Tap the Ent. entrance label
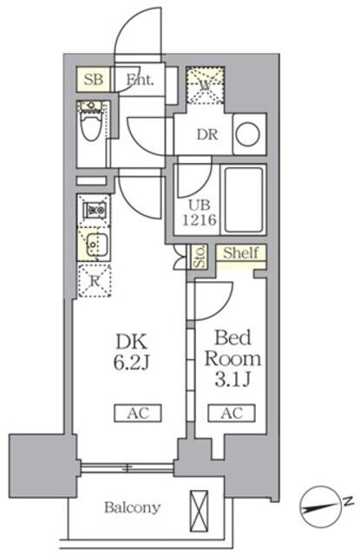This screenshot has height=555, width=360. pyautogui.click(x=140, y=80)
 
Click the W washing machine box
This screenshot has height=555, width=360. pyautogui.click(x=206, y=85)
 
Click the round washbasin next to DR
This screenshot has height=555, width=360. pyautogui.click(x=249, y=134)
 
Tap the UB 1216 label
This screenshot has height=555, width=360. pyautogui.click(x=198, y=212)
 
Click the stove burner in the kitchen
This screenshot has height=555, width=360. pyautogui.click(x=94, y=209)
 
